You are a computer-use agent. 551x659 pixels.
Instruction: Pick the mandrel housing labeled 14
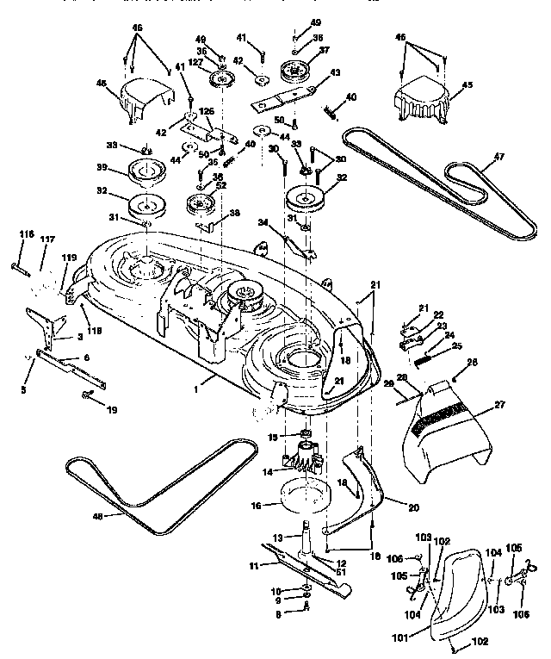click(x=301, y=461)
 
